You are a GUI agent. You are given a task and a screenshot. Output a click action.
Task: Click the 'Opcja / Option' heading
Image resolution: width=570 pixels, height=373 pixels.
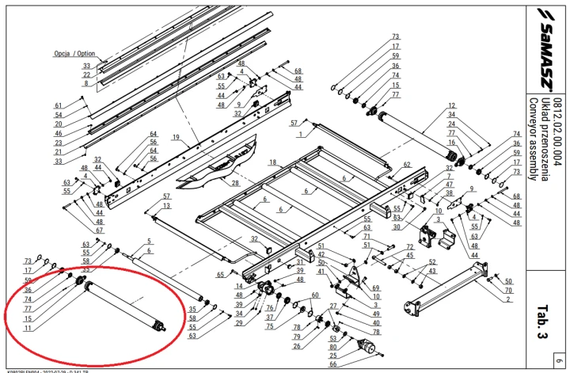(x=80, y=54)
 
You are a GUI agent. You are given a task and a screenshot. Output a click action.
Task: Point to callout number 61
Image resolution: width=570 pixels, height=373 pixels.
(x=58, y=105)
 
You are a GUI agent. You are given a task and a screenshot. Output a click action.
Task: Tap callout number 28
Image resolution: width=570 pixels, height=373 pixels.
(x=235, y=183)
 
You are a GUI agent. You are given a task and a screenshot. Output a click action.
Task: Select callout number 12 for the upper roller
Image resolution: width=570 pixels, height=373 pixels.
(x=452, y=105)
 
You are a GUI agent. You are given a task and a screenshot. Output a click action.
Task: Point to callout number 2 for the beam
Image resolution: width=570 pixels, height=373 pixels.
(x=507, y=300)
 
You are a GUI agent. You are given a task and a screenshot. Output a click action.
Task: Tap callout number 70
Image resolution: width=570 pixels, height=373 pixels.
(x=507, y=291)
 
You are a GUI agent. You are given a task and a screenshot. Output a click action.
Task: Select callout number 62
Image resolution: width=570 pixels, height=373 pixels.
(x=407, y=164)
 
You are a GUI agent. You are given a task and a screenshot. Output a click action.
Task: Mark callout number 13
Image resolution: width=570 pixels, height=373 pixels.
(x=166, y=205)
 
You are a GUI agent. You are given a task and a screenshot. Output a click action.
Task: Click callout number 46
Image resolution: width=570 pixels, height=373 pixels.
(x=58, y=133)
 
